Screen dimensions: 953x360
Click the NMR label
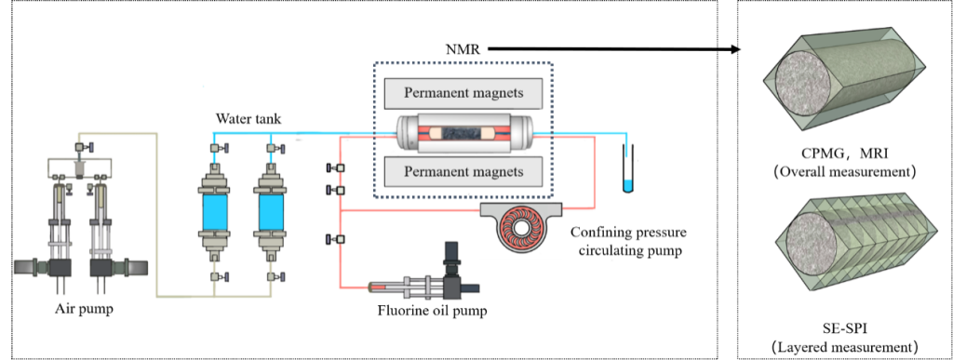(x=463, y=49)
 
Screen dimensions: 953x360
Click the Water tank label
(x=248, y=119)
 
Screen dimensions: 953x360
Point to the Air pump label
(x=84, y=309)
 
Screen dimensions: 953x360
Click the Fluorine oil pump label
(x=433, y=312)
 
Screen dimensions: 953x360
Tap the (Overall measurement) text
(x=844, y=171)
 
